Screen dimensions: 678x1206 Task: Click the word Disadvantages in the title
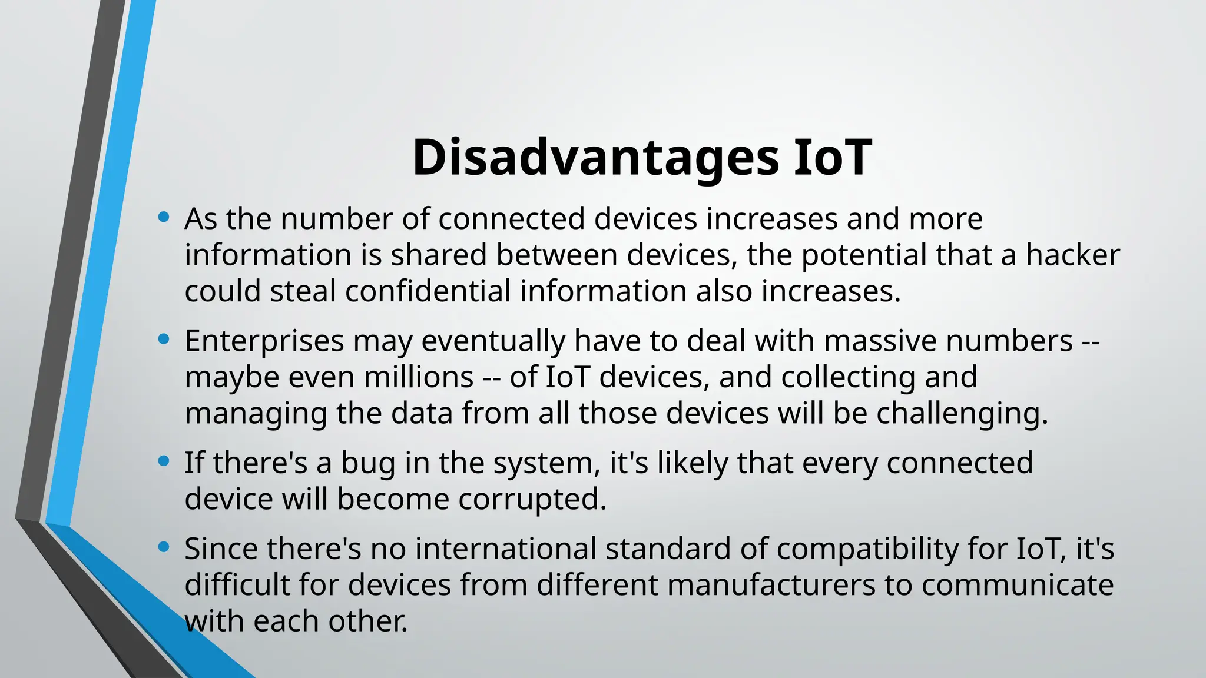(x=595, y=158)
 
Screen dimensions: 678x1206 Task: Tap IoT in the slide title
(x=832, y=158)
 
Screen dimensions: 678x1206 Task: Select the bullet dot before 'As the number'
(x=164, y=218)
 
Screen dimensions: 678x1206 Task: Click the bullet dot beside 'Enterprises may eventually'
(x=164, y=340)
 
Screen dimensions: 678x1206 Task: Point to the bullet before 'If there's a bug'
(x=164, y=461)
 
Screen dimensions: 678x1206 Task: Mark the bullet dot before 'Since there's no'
(x=164, y=547)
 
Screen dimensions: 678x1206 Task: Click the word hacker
(x=1072, y=255)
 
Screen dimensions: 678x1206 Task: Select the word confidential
(x=428, y=291)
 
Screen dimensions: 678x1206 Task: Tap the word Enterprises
(x=264, y=341)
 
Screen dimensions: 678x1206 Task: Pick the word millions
(x=419, y=377)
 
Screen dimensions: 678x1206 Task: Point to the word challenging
(x=962, y=414)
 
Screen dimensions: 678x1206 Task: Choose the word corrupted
(x=532, y=500)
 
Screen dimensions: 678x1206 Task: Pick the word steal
(x=303, y=291)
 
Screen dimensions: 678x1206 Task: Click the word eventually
(x=493, y=341)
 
